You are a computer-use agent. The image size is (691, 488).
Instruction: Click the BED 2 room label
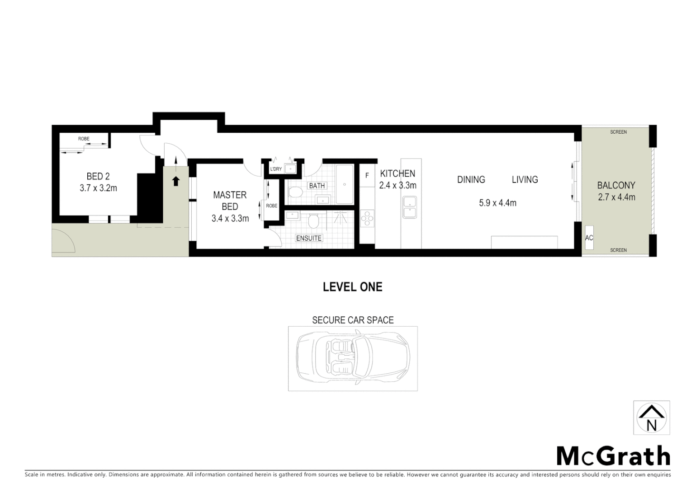(x=98, y=177)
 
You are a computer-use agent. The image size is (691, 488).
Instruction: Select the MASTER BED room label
(x=230, y=201)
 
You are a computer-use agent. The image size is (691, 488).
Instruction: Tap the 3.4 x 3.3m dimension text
(x=230, y=219)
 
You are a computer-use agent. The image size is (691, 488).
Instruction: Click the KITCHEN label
(x=398, y=174)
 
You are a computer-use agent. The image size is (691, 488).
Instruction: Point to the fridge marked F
(x=367, y=176)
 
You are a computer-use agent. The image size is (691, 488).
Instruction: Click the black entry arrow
(x=176, y=181)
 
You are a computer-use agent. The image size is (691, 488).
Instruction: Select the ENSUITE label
(x=309, y=238)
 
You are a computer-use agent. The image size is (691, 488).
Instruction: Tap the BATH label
(x=317, y=186)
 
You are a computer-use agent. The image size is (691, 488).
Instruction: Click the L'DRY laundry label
(x=276, y=169)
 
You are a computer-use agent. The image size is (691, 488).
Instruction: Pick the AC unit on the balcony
(x=589, y=238)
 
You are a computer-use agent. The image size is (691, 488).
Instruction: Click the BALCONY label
(x=616, y=185)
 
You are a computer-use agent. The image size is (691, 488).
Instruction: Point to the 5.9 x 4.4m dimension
(x=497, y=203)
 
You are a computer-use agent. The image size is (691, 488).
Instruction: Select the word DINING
(x=471, y=180)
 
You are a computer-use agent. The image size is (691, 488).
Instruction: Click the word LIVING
(x=525, y=180)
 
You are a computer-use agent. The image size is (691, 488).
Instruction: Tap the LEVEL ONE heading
(x=352, y=287)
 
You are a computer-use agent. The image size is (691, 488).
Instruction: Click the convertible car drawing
(x=353, y=358)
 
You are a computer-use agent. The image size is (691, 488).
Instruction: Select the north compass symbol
(x=651, y=418)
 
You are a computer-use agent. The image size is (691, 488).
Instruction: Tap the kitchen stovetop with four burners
(x=367, y=219)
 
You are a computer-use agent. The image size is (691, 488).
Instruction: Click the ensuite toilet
(x=313, y=221)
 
